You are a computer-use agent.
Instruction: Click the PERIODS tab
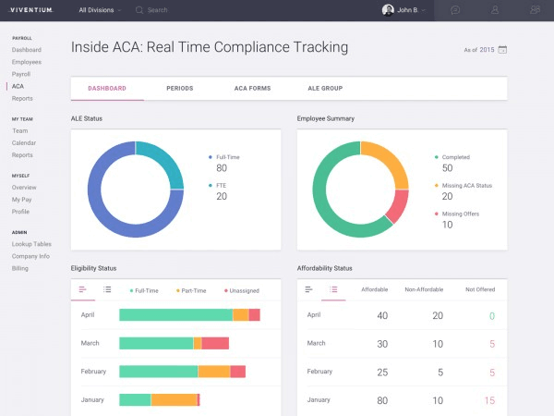pos(180,88)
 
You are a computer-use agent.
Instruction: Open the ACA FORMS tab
pos(252,88)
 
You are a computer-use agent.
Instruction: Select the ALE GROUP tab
pos(325,88)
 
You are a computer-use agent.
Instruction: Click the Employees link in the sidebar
pos(27,62)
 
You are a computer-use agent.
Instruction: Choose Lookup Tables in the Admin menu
pos(31,244)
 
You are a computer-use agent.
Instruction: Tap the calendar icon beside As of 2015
pos(502,50)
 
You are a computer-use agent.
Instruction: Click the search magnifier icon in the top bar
pos(139,10)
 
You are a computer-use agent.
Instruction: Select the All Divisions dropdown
pos(100,10)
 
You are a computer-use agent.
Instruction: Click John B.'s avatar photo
pos(388,10)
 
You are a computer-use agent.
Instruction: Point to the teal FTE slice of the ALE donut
pos(163,161)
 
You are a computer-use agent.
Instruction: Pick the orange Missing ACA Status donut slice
pos(389,161)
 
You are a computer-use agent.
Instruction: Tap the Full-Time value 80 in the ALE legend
pos(222,168)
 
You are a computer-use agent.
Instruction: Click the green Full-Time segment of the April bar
pos(176,315)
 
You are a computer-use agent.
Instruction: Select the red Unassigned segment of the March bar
pos(215,343)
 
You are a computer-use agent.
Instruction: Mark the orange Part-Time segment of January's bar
pos(174,399)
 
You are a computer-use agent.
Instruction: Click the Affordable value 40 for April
pos(382,315)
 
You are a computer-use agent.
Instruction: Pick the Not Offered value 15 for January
pos(489,400)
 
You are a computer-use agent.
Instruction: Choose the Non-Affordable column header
pos(424,289)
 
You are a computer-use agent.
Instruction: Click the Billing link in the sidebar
pos(19,268)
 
